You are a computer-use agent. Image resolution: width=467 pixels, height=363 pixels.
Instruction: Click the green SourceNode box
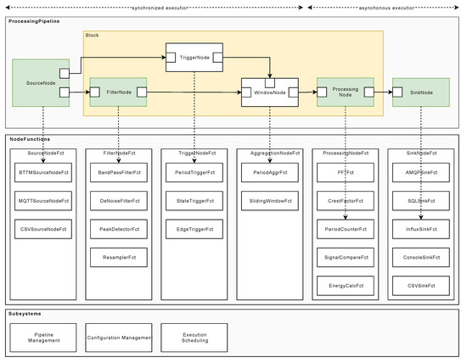[36, 82]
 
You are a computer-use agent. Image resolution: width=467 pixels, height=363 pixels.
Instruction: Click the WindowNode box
[270, 91]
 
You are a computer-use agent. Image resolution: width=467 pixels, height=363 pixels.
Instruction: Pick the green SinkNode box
[421, 91]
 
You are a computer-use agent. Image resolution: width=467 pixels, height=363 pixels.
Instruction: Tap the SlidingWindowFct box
[270, 200]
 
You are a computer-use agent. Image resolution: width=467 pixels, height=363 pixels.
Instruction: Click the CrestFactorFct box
[346, 200]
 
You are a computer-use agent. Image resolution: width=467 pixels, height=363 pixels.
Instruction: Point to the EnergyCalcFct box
[346, 284]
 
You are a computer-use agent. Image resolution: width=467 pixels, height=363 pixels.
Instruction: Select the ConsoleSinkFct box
[421, 256]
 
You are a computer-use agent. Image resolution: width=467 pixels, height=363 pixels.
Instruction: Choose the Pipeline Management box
[46, 337]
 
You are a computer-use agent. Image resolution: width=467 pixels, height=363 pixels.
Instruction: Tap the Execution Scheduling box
[194, 337]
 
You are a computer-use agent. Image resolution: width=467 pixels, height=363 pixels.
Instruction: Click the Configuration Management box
[120, 337]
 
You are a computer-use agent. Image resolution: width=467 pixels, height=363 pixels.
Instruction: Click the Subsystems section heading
[26, 312]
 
